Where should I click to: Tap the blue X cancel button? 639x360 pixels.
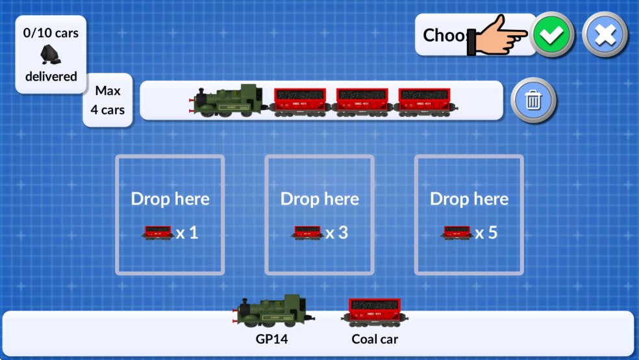pyautogui.click(x=605, y=35)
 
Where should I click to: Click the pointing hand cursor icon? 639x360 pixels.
pyautogui.click(x=501, y=35)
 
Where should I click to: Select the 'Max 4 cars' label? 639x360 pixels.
pyautogui.click(x=108, y=100)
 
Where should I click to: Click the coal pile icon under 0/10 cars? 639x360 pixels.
pyautogui.click(x=51, y=55)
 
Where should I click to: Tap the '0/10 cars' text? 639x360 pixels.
pyautogui.click(x=51, y=32)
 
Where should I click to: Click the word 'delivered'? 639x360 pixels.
pyautogui.click(x=51, y=76)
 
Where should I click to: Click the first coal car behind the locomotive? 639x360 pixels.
pyautogui.click(x=299, y=102)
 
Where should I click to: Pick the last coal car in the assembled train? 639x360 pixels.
pyautogui.click(x=426, y=102)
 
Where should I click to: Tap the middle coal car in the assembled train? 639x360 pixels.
pyautogui.click(x=362, y=102)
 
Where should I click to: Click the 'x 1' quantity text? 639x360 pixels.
pyautogui.click(x=187, y=233)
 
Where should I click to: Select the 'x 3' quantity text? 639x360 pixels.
pyautogui.click(x=337, y=233)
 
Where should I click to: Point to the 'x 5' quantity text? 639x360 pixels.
pyautogui.click(x=486, y=233)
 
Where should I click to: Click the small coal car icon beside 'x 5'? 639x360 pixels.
pyautogui.click(x=457, y=233)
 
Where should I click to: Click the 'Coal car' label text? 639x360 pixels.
pyautogui.click(x=375, y=339)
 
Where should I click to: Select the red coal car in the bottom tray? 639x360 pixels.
pyautogui.click(x=375, y=312)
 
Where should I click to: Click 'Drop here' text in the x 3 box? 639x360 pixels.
pyautogui.click(x=319, y=199)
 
